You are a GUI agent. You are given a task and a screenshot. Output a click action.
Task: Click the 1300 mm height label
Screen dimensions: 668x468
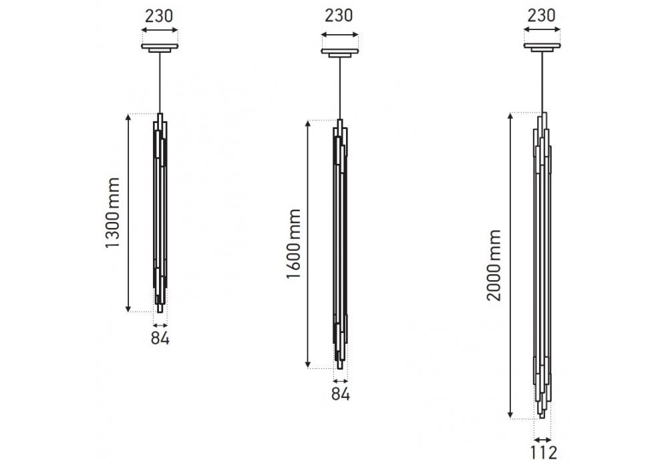[113, 213]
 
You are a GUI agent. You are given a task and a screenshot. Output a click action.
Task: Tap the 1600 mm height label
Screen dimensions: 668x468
[293, 244]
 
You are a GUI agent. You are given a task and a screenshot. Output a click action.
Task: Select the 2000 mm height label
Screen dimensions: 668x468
[494, 265]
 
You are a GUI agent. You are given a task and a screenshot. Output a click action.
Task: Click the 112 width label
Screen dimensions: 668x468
[544, 452]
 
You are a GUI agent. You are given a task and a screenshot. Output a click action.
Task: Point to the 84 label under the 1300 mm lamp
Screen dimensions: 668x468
[160, 338]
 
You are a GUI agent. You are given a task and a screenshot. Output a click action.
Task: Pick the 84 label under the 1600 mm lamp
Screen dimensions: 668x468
[341, 394]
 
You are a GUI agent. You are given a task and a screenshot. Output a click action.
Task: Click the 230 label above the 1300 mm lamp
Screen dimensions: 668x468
[160, 16]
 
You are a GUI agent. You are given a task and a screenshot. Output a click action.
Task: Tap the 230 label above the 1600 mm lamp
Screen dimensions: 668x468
[339, 15]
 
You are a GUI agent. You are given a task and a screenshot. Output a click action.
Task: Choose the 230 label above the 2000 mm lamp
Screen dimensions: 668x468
[542, 15]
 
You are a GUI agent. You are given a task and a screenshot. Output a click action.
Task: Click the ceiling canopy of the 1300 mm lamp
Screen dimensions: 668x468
[160, 47]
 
